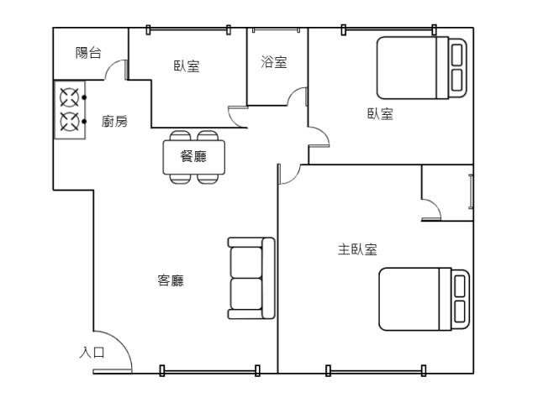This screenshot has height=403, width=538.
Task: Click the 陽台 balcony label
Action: click(x=88, y=53)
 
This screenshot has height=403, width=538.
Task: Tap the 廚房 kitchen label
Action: click(x=114, y=121)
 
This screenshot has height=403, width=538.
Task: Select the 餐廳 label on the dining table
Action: click(x=193, y=156)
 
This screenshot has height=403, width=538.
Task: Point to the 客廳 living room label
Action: click(x=171, y=280)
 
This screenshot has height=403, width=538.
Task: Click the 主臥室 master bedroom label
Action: click(x=357, y=249)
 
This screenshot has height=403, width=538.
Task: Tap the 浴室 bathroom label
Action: click(x=274, y=62)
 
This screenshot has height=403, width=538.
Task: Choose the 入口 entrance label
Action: click(x=92, y=353)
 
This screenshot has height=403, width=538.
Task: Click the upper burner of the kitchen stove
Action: click(x=70, y=97)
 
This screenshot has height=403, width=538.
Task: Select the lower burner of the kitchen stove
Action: click(x=70, y=122)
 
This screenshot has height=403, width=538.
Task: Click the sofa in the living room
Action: click(x=251, y=278)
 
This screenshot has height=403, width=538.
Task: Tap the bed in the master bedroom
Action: click(x=424, y=299)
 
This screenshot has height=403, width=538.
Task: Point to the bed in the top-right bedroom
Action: click(x=422, y=68)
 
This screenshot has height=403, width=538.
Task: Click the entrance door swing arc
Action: click(x=120, y=341)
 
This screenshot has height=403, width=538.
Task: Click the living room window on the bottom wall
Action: click(x=209, y=371)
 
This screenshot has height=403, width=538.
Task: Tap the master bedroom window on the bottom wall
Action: click(x=376, y=371)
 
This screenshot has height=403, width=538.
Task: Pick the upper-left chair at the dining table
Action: click(x=180, y=135)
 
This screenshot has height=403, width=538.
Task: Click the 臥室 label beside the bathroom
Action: click(x=187, y=66)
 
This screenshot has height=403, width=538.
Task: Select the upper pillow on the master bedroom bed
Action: click(x=460, y=285)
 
